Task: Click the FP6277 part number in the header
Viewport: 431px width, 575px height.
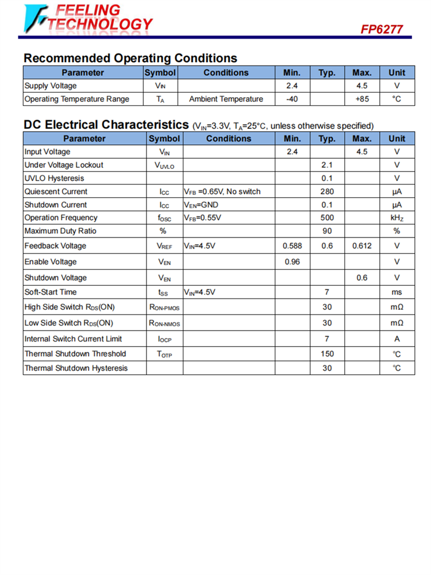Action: tap(382, 29)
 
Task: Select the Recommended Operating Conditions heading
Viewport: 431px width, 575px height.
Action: tap(130, 58)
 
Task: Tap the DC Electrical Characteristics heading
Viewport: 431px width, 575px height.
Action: tap(106, 125)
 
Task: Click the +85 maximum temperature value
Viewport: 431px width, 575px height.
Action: tap(362, 99)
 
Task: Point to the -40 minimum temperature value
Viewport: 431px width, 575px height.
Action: tap(292, 99)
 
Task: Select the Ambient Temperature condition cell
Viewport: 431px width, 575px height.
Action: tap(226, 99)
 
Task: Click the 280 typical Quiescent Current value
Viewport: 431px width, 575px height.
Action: tap(327, 191)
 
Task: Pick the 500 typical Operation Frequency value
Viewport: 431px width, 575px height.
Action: tap(327, 218)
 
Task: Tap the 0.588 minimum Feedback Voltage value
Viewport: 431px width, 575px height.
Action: tap(292, 246)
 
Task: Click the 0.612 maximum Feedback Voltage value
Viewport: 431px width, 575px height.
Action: tap(362, 246)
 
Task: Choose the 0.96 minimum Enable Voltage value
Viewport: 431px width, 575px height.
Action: tap(292, 262)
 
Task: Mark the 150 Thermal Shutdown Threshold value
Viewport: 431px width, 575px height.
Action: tap(327, 354)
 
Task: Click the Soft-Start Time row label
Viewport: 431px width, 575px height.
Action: tap(51, 292)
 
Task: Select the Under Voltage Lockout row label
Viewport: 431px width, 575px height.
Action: tap(64, 165)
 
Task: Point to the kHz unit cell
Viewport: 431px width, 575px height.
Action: tap(397, 218)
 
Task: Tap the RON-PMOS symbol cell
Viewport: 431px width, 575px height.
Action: tap(164, 308)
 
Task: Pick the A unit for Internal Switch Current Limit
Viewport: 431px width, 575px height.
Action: tap(397, 339)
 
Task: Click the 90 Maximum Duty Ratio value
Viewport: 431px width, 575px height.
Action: tap(327, 231)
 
